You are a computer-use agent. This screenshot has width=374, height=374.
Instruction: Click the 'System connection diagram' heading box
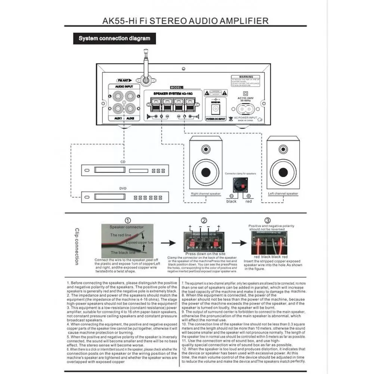pyautogui.click(x=114, y=38)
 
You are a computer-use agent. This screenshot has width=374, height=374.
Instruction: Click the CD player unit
pyautogui.click(x=125, y=170)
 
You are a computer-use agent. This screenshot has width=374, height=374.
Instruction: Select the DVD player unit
pyautogui.click(x=125, y=197)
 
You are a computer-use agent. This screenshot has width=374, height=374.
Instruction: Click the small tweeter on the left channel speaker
pyautogui.click(x=283, y=150)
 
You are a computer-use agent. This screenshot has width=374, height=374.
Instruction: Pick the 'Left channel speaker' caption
pyautogui.click(x=283, y=194)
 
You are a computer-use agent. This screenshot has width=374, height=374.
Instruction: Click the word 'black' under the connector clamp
pyautogui.click(x=231, y=201)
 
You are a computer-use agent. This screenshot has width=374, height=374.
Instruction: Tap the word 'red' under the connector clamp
pyautogui.click(x=248, y=201)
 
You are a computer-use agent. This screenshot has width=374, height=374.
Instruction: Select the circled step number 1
pyautogui.click(x=128, y=220)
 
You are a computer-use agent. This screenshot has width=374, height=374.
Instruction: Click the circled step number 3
pyautogui.click(x=268, y=220)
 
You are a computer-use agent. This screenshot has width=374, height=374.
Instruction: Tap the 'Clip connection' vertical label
pyautogui.click(x=77, y=247)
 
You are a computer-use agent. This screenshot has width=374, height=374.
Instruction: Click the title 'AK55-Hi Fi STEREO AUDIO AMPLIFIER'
pyautogui.click(x=185, y=21)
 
